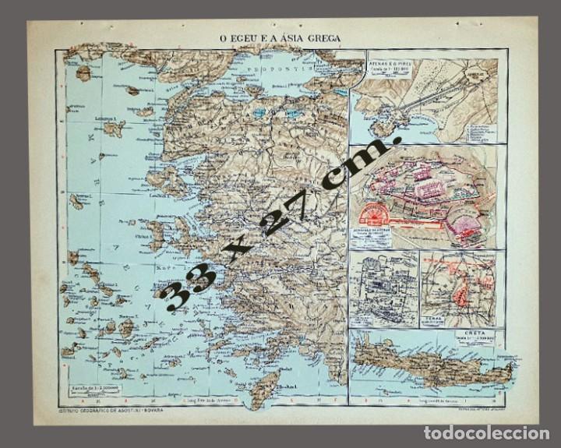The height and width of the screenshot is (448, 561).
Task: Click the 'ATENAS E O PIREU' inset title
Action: [389, 58]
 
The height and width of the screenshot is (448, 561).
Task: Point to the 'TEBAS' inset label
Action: [437, 319]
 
